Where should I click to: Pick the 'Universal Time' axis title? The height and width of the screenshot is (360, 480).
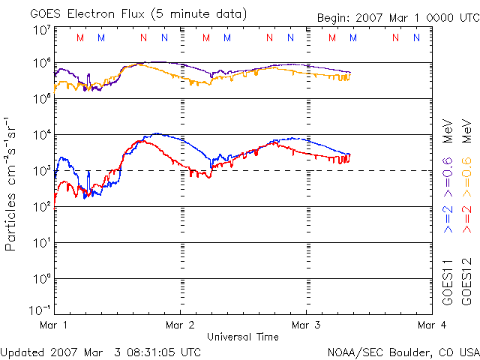tap(243, 337)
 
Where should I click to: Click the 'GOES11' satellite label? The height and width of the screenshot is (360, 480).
tap(448, 283)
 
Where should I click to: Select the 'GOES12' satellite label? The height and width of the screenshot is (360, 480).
tap(466, 283)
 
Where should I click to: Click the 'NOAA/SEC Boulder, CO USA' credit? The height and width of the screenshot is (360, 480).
tap(403, 351)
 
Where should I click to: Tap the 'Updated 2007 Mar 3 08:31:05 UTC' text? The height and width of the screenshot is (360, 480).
tap(101, 351)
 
